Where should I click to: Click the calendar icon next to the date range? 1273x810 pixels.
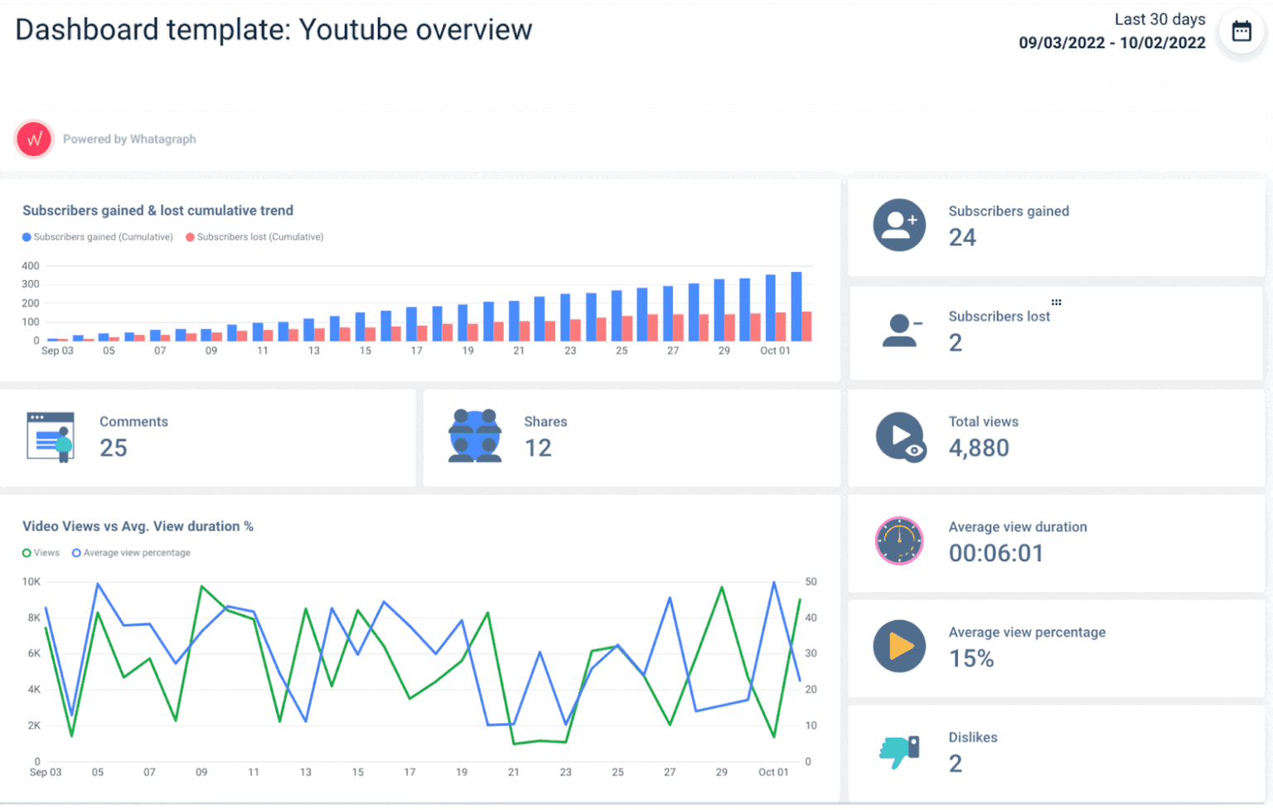click(x=1241, y=32)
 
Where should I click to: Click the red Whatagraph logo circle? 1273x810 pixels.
click(x=34, y=139)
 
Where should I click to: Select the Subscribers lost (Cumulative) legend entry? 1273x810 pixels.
click(x=254, y=237)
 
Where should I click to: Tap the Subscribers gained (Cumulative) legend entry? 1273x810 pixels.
click(x=98, y=237)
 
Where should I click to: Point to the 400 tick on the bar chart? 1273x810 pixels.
click(x=31, y=266)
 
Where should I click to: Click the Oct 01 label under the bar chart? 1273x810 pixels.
click(x=775, y=352)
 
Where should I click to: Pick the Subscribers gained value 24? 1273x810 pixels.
click(x=962, y=238)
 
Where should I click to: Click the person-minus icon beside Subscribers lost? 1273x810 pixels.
click(x=900, y=331)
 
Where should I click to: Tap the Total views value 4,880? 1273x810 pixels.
click(x=979, y=449)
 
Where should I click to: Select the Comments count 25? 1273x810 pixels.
click(x=114, y=449)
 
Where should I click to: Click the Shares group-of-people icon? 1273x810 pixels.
click(x=475, y=436)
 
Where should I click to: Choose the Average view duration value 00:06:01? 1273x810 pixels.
click(x=996, y=554)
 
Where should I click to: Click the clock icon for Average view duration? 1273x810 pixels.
click(x=899, y=541)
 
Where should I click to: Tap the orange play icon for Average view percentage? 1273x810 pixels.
click(x=899, y=646)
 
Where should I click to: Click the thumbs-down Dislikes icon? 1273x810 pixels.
click(x=899, y=751)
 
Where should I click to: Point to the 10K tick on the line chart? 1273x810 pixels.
click(x=31, y=582)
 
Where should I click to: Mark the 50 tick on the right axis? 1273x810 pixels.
click(x=811, y=582)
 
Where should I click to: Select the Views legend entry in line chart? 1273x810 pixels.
click(x=41, y=553)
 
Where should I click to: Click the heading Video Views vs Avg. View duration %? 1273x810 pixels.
click(x=138, y=526)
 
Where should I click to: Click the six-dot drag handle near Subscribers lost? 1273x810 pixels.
click(x=1056, y=303)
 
